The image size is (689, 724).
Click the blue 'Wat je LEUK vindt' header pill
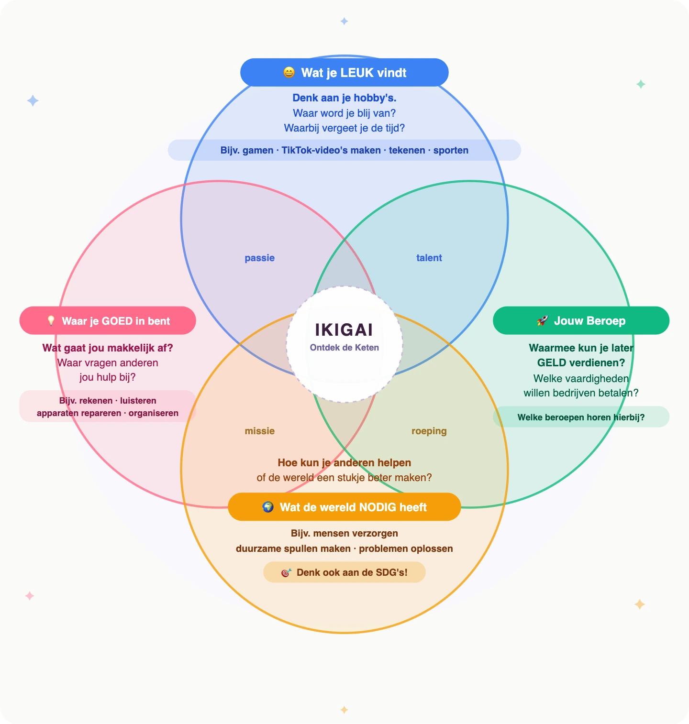click(344, 73)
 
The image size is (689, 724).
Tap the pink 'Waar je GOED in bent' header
click(108, 321)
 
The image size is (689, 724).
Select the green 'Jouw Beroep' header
click(581, 321)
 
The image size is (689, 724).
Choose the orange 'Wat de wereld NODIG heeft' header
click(344, 507)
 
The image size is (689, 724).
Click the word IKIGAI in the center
click(344, 330)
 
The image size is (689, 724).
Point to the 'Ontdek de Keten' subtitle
click(344, 348)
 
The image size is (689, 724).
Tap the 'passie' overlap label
click(259, 258)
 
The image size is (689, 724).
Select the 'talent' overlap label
click(429, 258)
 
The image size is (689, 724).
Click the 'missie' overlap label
click(259, 431)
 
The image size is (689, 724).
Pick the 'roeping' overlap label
click(429, 431)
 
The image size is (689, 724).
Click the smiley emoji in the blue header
click(289, 72)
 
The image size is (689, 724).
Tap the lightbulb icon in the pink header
click(51, 321)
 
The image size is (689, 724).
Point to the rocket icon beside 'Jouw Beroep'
click(542, 321)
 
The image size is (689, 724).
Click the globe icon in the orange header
click(268, 507)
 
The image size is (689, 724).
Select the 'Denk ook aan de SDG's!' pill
click(344, 572)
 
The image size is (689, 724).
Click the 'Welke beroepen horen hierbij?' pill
click(581, 417)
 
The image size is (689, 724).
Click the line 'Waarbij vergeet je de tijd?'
click(344, 128)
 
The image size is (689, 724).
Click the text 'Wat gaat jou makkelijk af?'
click(108, 348)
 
